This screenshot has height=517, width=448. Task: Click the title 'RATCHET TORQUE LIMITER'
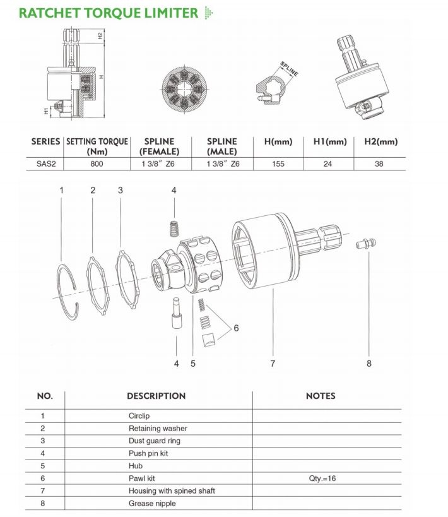pos(108,12)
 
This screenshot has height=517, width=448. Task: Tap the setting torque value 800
pos(96,163)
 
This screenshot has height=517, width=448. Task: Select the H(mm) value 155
pos(278,163)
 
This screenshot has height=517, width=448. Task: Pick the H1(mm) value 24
pos(329,163)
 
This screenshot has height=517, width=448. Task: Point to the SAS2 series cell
pos(45,163)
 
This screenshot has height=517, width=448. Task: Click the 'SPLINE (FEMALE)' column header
pos(159,146)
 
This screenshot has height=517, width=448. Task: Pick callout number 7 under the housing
pos(273,363)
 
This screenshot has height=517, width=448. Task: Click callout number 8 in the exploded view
pos(369,363)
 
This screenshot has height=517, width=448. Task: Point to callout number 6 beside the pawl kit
pos(236,328)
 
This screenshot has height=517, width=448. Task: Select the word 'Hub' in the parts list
pos(136,466)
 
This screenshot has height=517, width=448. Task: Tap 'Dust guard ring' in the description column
pos(155,441)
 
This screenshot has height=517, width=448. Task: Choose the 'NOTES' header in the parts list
pos(321,396)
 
